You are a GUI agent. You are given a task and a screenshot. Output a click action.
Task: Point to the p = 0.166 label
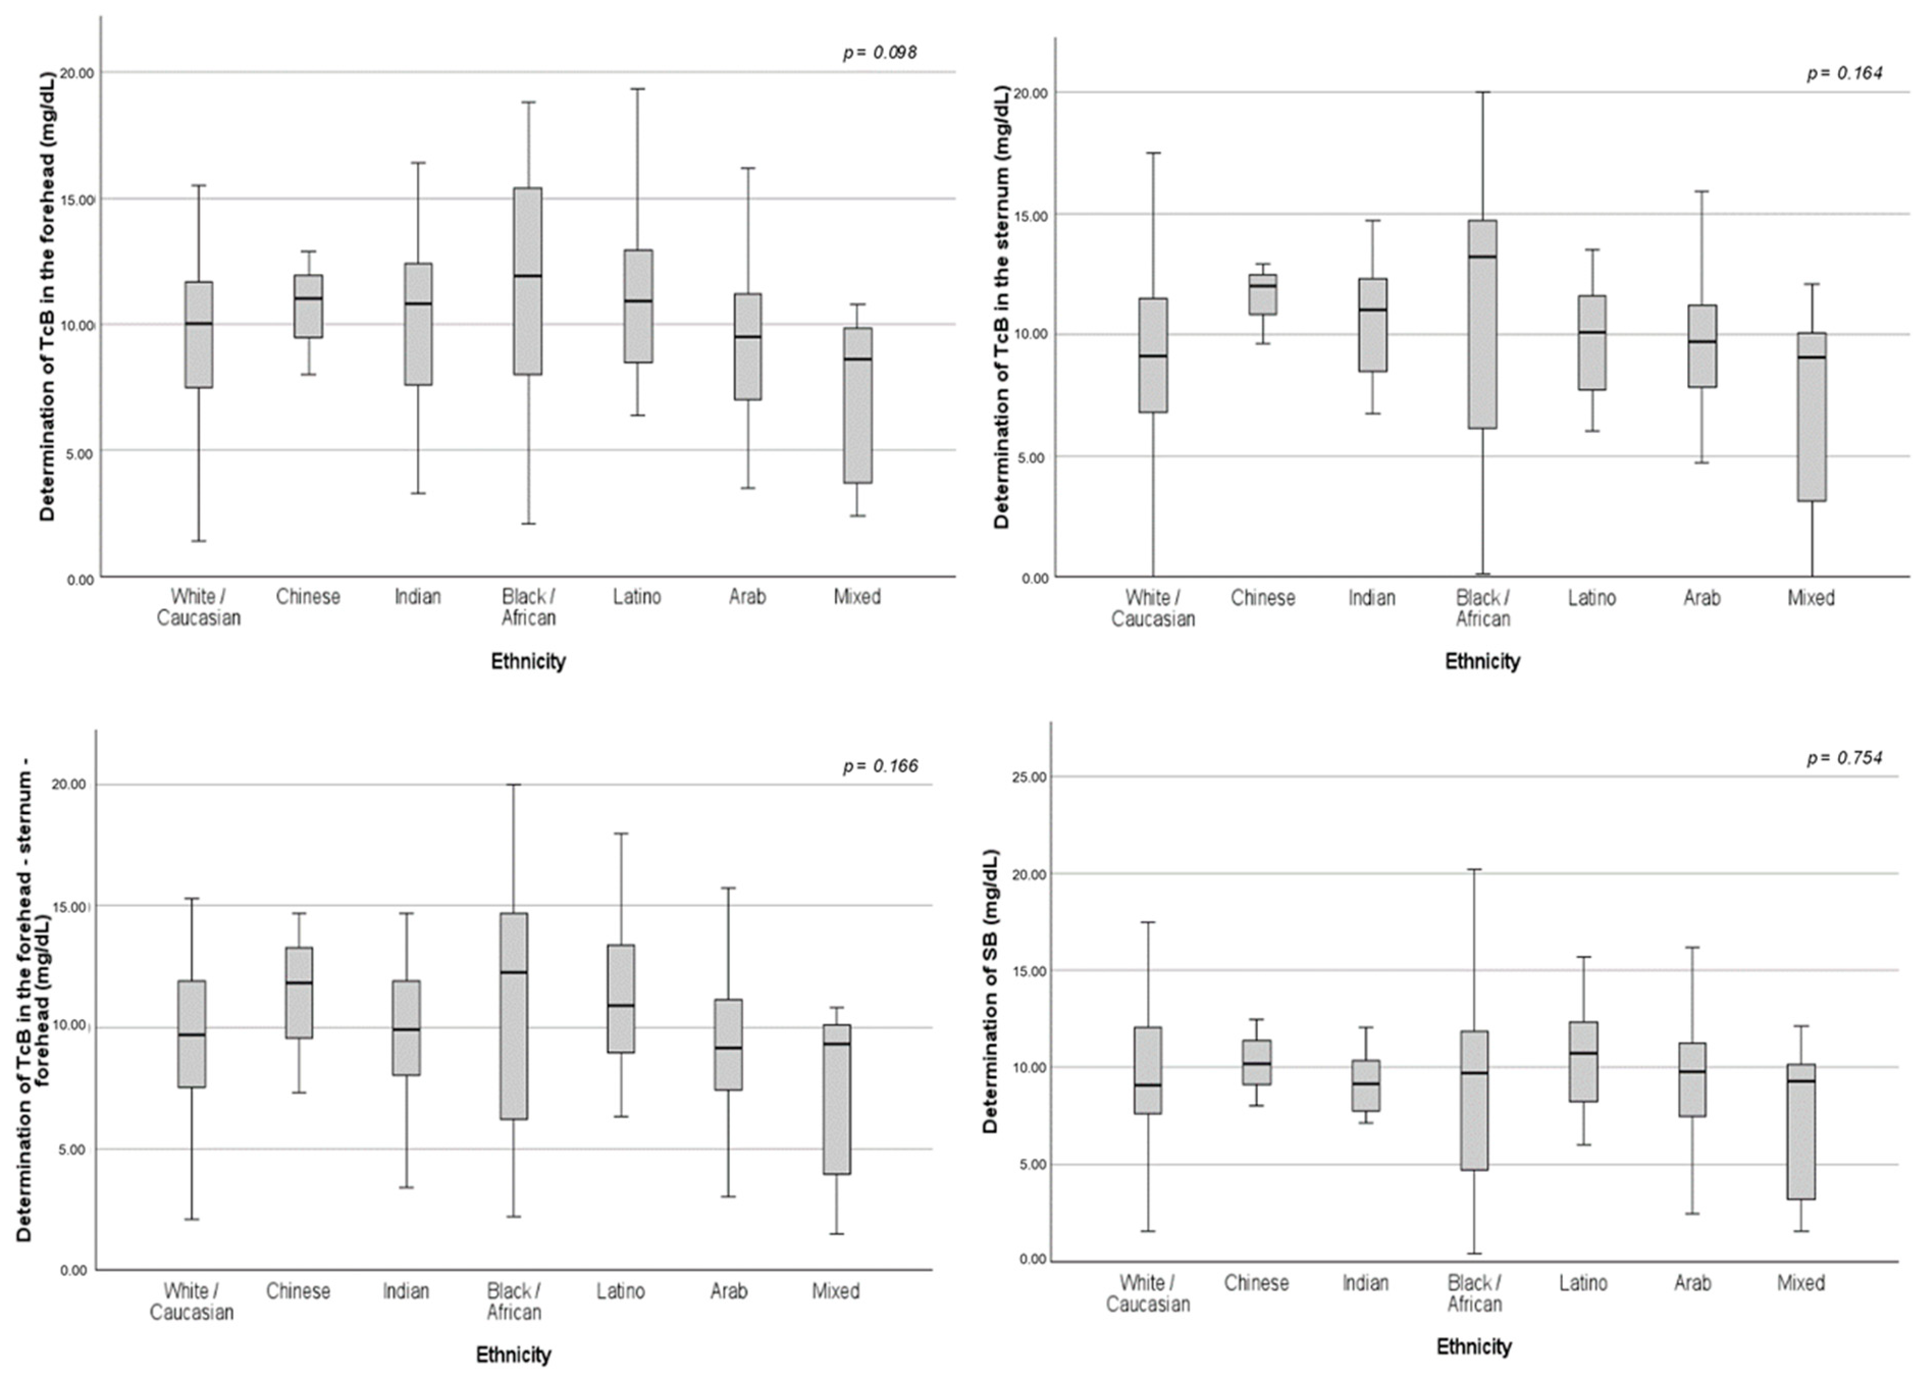click(880, 766)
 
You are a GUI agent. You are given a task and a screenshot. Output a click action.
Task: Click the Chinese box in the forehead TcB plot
click(308, 305)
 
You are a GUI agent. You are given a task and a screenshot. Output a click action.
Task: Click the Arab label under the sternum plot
click(1701, 598)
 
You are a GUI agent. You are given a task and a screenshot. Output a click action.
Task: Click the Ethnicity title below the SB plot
click(1474, 1346)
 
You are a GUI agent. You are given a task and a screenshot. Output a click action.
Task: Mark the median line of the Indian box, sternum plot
click(1372, 309)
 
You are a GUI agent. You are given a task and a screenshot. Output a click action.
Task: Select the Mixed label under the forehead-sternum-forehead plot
click(835, 1291)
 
